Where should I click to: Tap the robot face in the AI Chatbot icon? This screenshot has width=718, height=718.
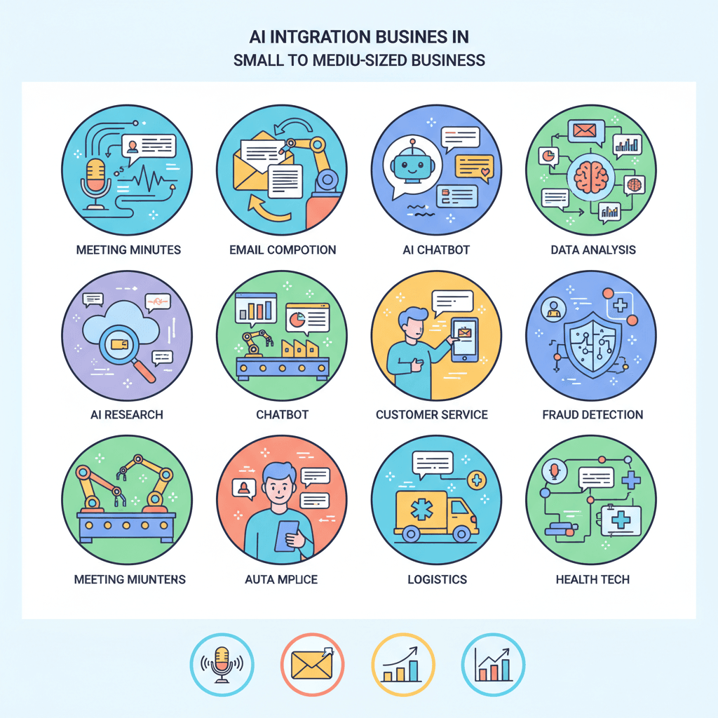pyautogui.click(x=412, y=165)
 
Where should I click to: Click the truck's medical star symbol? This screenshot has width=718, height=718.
pyautogui.click(x=421, y=510)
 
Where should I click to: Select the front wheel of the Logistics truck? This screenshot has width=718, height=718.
pyautogui.click(x=461, y=534)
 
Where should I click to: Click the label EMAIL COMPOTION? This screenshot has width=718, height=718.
pyautogui.click(x=283, y=250)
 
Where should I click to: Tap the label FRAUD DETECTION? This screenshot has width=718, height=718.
pyautogui.click(x=592, y=414)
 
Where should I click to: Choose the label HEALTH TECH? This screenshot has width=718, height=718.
pyautogui.click(x=592, y=579)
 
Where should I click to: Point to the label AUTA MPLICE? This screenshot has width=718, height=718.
pyautogui.click(x=281, y=579)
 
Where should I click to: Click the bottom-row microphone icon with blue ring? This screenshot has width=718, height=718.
pyautogui.click(x=222, y=665)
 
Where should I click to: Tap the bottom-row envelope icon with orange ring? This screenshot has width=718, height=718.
pyautogui.click(x=312, y=665)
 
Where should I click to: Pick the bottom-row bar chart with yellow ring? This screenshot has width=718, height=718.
pyautogui.click(x=403, y=665)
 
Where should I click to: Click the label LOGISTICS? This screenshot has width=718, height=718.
pyautogui.click(x=438, y=579)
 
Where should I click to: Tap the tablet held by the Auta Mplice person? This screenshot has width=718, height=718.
pyautogui.click(x=287, y=536)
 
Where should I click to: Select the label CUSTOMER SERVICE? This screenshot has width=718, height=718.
pyautogui.click(x=432, y=414)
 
